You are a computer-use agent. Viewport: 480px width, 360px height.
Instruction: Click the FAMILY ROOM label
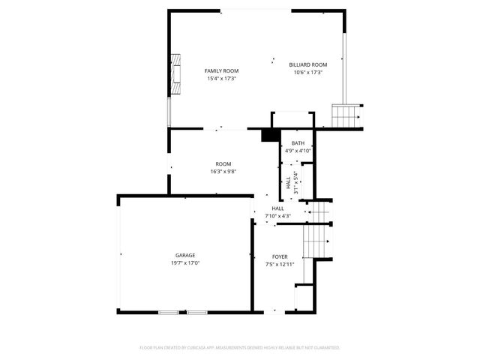pyautogui.click(x=221, y=70)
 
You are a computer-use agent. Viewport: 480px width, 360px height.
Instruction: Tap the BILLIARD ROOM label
pyautogui.click(x=308, y=65)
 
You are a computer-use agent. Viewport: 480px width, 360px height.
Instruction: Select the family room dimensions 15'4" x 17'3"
pyautogui.click(x=221, y=78)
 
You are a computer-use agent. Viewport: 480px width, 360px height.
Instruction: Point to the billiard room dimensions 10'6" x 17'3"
pyautogui.click(x=308, y=73)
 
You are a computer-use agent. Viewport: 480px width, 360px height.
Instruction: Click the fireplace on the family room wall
pyautogui.click(x=175, y=73)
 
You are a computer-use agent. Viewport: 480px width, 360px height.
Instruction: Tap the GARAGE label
pyautogui.click(x=185, y=255)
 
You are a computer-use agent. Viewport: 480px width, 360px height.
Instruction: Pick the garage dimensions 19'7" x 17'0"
pyautogui.click(x=185, y=262)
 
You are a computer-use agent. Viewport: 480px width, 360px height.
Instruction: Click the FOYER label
pyautogui.click(x=280, y=256)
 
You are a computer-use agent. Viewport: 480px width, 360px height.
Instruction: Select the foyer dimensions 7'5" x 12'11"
pyautogui.click(x=280, y=264)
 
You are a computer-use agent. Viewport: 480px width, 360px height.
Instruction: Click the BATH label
pyautogui.click(x=298, y=143)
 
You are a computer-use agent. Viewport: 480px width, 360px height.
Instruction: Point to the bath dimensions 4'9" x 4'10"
pyautogui.click(x=298, y=150)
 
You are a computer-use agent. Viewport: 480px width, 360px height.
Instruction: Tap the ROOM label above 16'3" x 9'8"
pyautogui.click(x=223, y=164)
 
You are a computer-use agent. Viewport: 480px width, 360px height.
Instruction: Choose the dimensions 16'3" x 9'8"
pyautogui.click(x=223, y=172)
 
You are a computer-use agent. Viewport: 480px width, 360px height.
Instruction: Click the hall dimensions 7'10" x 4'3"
pyautogui.click(x=277, y=216)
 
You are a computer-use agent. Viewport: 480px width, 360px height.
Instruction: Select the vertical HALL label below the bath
pyautogui.click(x=288, y=183)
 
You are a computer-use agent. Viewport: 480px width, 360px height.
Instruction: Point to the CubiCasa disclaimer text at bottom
pyautogui.click(x=240, y=348)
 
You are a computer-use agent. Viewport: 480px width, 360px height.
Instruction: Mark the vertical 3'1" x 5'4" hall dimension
pyautogui.click(x=296, y=183)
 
